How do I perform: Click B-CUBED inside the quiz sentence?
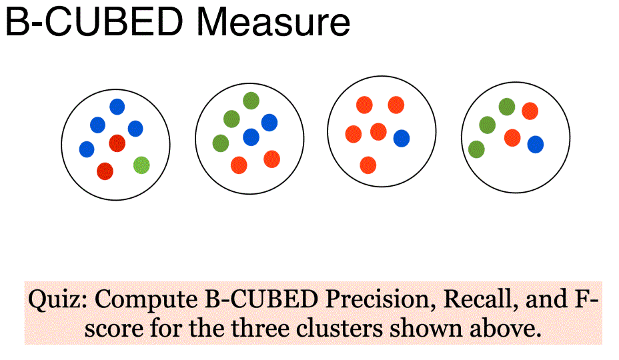coord(257,300)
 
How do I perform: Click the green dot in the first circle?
coord(141,165)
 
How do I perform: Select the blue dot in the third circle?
coord(402,138)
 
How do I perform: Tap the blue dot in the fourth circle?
coord(536,144)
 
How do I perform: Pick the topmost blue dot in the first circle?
coord(117,106)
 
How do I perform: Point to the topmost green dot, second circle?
coord(251,101)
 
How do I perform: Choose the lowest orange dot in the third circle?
coord(368,165)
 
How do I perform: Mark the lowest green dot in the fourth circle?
coord(476,149)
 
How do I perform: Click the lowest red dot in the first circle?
coord(105,171)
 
